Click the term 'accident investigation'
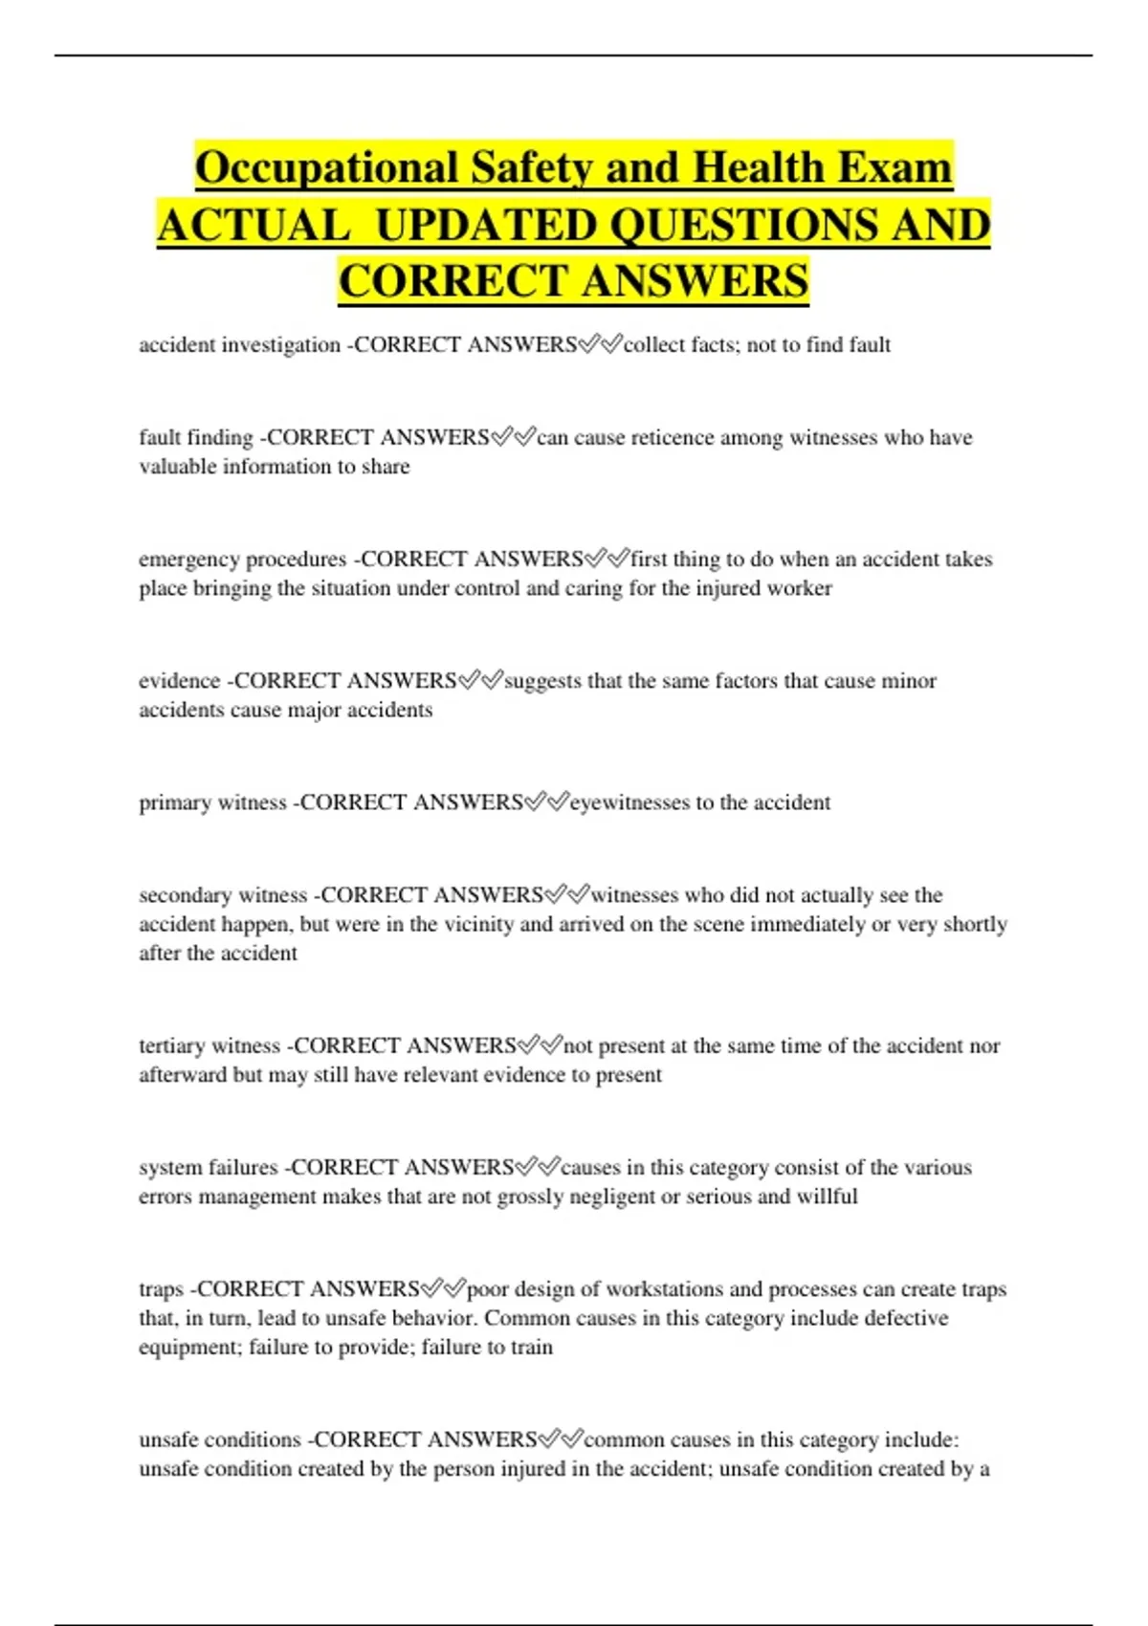pos(239,345)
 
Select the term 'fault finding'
pos(196,438)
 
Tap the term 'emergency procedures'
pos(242,560)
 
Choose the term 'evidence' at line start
pos(179,681)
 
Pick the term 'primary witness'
pos(212,802)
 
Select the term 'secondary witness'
pos(222,895)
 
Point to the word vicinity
pos(477,925)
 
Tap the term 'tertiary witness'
pos(209,1046)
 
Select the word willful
pos(828,1197)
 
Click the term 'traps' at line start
pos(161,1289)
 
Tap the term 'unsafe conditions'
pos(219,1440)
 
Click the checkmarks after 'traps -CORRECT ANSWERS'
pos(443,1288)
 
